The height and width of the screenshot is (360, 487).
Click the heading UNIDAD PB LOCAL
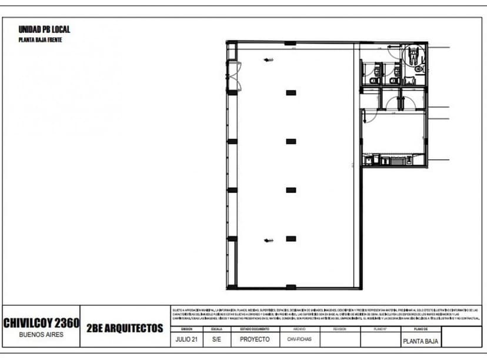click(x=45, y=29)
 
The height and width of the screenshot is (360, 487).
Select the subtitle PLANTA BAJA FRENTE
click(x=40, y=41)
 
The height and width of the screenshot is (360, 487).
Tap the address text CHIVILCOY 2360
click(x=41, y=323)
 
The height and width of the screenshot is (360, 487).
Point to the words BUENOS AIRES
click(x=41, y=334)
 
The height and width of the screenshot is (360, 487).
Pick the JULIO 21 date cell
click(x=187, y=339)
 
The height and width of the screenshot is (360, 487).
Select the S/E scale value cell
click(x=216, y=339)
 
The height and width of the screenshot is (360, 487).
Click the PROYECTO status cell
click(x=255, y=339)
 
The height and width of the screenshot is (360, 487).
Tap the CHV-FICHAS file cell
click(x=299, y=339)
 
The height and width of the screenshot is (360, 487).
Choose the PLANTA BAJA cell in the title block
click(x=421, y=341)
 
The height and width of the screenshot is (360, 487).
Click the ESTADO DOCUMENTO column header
click(x=255, y=329)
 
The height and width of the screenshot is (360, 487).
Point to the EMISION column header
click(x=187, y=329)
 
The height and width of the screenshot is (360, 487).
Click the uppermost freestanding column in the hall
click(x=290, y=92)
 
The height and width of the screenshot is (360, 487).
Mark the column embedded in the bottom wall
click(x=290, y=287)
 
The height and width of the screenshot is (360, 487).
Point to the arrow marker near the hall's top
click(x=269, y=59)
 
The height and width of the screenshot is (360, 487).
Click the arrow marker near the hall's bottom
click(x=269, y=240)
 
